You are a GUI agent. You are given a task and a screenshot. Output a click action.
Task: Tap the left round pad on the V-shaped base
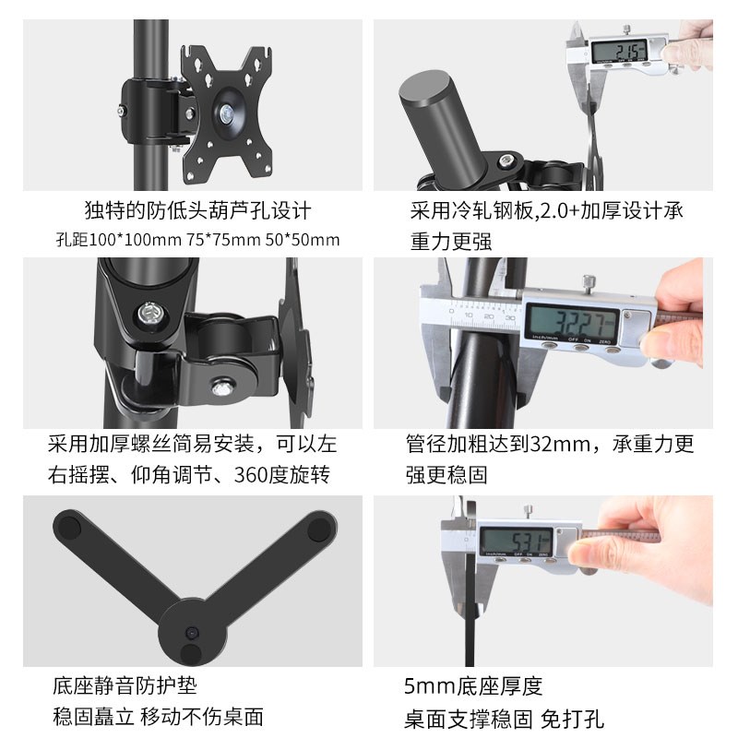(68, 530)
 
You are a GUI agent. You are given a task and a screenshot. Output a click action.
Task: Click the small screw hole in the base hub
(192, 636)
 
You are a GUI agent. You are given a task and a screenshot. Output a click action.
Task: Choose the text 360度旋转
(280, 476)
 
